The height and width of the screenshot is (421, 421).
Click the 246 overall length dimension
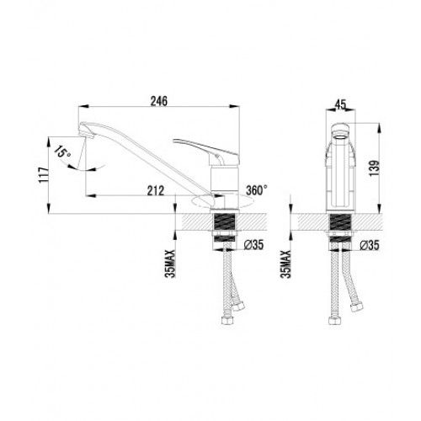(x=159, y=101)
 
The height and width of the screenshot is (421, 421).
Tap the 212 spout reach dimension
(x=156, y=191)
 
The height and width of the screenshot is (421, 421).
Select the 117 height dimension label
(x=44, y=175)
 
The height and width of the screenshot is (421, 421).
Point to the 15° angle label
(x=63, y=152)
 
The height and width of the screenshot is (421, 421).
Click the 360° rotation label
(x=257, y=190)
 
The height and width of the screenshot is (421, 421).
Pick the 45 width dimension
(x=340, y=104)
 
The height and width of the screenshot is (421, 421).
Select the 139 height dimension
(x=375, y=168)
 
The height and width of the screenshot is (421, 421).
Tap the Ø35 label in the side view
(x=253, y=245)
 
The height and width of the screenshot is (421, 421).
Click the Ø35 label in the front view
(x=370, y=245)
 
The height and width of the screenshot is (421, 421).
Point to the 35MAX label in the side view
(x=170, y=264)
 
